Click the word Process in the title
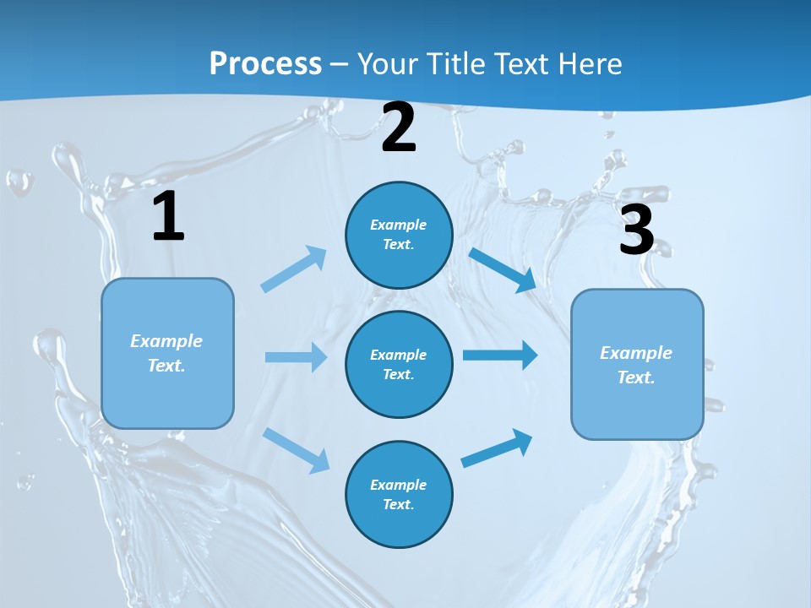[x=265, y=64]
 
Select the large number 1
[x=168, y=216]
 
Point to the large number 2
[x=399, y=128]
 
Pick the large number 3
[x=636, y=230]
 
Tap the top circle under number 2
[x=399, y=235]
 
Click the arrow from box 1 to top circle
[x=294, y=269]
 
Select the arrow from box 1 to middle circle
[x=296, y=357]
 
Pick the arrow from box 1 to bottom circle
[x=297, y=449]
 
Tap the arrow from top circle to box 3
[x=503, y=270]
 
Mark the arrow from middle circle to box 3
[x=499, y=355]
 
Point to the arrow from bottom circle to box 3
[x=497, y=448]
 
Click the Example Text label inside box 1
[x=166, y=353]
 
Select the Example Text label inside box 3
[x=636, y=365]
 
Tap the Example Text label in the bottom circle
[x=399, y=494]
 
